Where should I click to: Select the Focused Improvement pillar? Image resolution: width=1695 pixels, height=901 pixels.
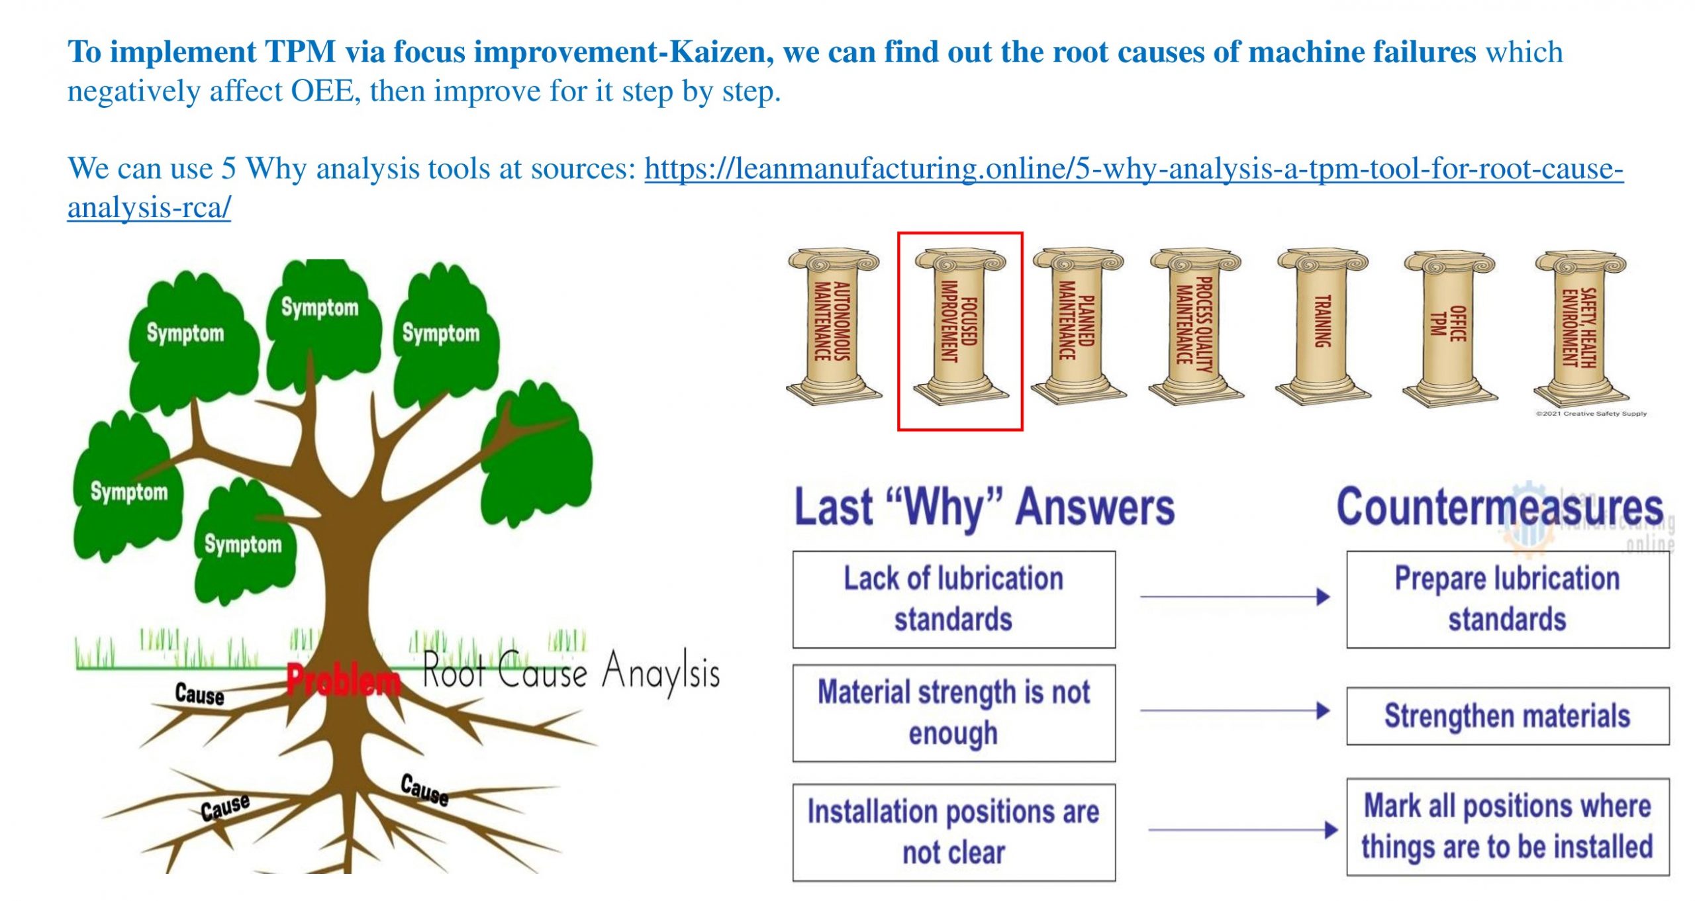tap(960, 326)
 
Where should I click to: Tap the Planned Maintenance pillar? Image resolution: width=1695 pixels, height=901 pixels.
tap(1077, 326)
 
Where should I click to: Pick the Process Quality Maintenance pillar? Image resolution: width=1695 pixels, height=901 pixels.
tap(1195, 326)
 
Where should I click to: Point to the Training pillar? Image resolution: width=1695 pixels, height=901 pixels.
tap(1322, 326)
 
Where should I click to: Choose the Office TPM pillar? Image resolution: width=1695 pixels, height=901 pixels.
tap(1449, 326)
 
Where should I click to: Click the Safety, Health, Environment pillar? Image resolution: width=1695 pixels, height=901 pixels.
tap(1580, 326)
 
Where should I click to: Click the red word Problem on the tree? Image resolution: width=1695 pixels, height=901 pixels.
tap(344, 679)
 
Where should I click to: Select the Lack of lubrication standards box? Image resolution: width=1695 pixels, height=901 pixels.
tap(953, 599)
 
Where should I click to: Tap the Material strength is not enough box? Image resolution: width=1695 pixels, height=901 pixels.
tap(953, 713)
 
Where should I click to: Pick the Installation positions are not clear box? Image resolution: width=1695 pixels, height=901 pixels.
tap(953, 832)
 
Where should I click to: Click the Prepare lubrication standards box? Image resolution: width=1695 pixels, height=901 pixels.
tap(1508, 599)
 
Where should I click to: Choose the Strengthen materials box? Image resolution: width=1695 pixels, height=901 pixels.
tap(1508, 716)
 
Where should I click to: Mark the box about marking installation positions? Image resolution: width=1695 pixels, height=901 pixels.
tap(1508, 827)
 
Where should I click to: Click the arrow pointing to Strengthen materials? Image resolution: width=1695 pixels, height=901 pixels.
tap(1235, 711)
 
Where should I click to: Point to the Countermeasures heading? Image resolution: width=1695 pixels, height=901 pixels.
tap(1500, 508)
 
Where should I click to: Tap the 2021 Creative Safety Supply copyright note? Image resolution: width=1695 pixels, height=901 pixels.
tap(1591, 414)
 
